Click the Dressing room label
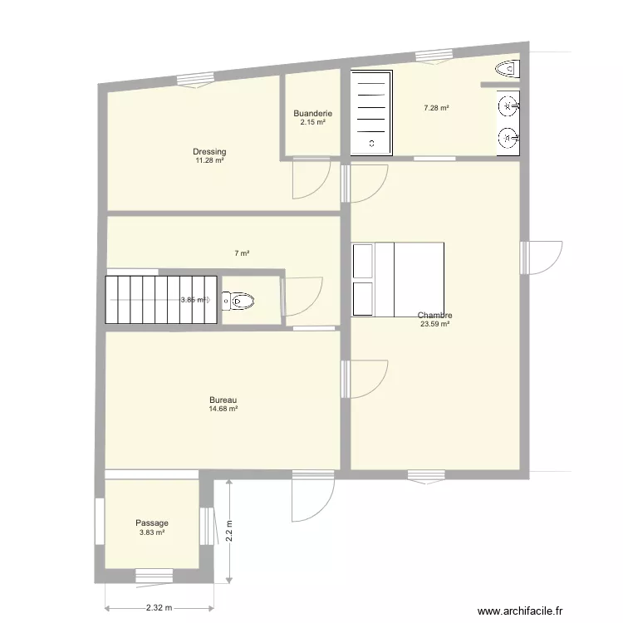pos(209,151)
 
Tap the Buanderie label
pos(312,113)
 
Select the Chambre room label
pos(434,315)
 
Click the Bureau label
pos(223,400)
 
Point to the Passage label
pos(152,522)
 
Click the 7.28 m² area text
pos(436,108)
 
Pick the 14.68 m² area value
pos(223,409)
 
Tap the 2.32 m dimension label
pos(159,608)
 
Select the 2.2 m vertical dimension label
pos(229,531)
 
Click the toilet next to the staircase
pos(238,302)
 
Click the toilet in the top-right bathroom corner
pos(508,69)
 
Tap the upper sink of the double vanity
pos(508,106)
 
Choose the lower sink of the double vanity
pos(508,138)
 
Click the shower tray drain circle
pos(372,144)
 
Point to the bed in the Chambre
pos(398,279)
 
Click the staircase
pos(161,300)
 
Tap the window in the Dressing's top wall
pos(195,81)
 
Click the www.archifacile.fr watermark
pos(520,611)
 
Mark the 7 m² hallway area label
pos(242,253)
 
